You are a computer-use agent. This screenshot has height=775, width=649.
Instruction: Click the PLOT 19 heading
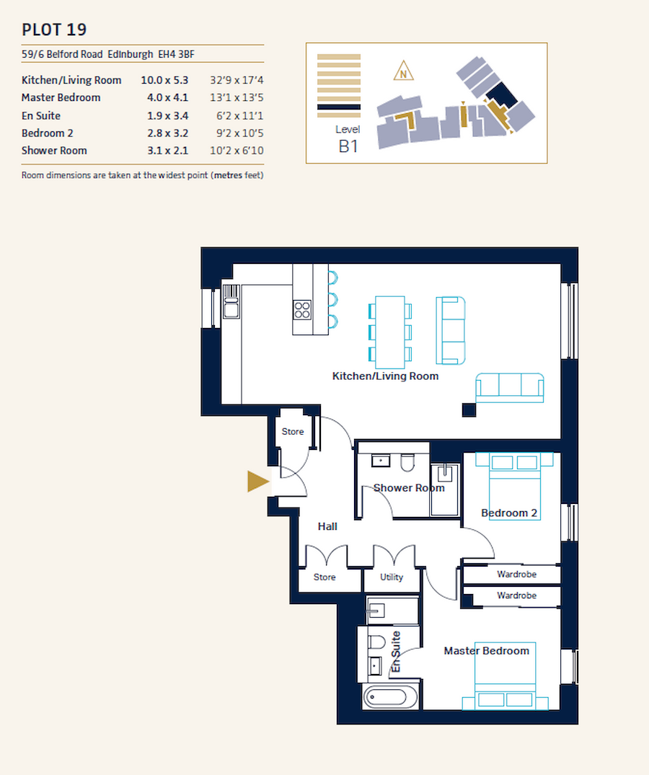(x=55, y=30)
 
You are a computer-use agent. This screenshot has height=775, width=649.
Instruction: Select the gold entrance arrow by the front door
(x=257, y=481)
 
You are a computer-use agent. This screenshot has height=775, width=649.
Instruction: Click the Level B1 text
(x=348, y=139)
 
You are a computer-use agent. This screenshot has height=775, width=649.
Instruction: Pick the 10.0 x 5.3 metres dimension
(x=164, y=80)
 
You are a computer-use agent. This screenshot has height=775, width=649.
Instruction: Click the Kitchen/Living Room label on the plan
(x=385, y=376)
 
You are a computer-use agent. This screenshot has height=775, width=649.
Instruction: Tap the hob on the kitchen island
(x=302, y=309)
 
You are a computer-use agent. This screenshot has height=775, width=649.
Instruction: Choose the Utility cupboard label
(x=392, y=577)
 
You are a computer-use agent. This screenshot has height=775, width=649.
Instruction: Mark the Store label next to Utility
(x=324, y=577)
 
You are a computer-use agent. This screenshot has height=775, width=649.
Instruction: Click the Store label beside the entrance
(x=293, y=432)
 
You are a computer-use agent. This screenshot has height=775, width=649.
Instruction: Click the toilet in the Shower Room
(x=407, y=462)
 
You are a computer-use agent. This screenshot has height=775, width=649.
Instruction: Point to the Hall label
(x=327, y=526)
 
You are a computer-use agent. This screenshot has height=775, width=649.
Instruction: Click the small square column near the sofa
(x=469, y=409)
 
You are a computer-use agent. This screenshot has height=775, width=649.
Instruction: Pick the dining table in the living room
(x=390, y=329)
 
